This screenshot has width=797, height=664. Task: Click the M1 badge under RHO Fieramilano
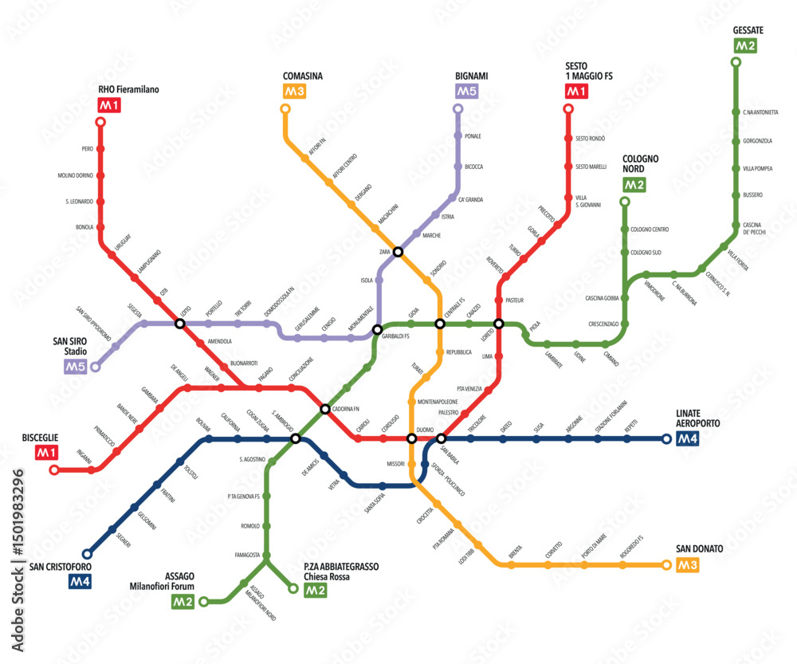(x=108, y=104)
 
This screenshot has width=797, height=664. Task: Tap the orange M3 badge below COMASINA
(x=294, y=92)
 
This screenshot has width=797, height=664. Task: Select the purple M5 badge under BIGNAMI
(x=465, y=92)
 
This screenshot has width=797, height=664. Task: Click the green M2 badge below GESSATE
(x=745, y=45)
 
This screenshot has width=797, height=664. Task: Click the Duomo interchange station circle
(x=412, y=438)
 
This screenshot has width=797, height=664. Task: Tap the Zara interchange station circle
(x=398, y=252)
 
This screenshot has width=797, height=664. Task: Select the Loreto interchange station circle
(x=499, y=324)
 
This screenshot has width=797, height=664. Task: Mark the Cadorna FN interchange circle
(x=325, y=409)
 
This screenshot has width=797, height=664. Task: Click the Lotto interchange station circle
(x=180, y=324)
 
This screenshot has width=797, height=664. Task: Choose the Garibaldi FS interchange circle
(x=378, y=328)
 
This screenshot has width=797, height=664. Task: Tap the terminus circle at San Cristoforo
(x=87, y=553)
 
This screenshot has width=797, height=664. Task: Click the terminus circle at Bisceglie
(x=54, y=470)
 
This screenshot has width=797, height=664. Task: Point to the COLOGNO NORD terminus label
(x=641, y=164)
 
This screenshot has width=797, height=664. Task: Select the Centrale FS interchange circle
(x=439, y=324)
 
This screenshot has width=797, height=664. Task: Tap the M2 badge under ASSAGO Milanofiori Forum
(x=183, y=602)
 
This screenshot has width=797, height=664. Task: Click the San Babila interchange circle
(x=441, y=438)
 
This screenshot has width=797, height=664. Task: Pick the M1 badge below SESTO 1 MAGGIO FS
(x=576, y=92)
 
